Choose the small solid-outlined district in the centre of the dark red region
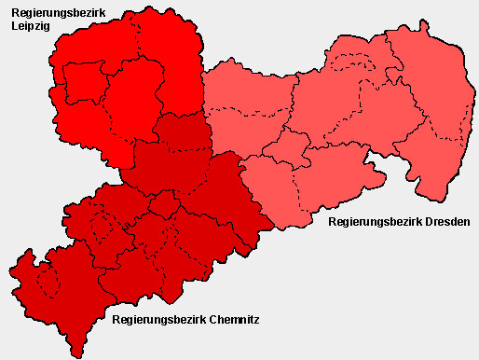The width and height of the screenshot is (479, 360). (x=163, y=204)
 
